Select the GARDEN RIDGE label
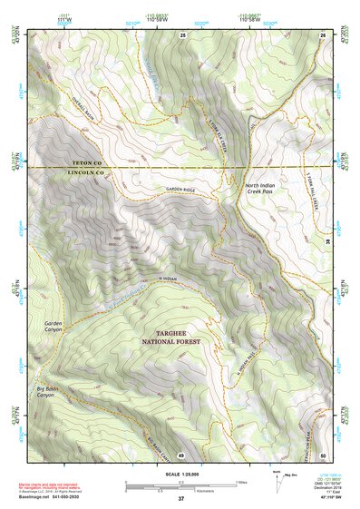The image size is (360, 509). click(x=181, y=188)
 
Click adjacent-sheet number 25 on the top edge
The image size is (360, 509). click(x=182, y=34)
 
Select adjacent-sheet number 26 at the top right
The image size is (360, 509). click(x=322, y=34)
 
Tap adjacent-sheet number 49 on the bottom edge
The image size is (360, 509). click(x=181, y=454)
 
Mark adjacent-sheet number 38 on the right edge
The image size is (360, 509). click(x=328, y=243)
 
